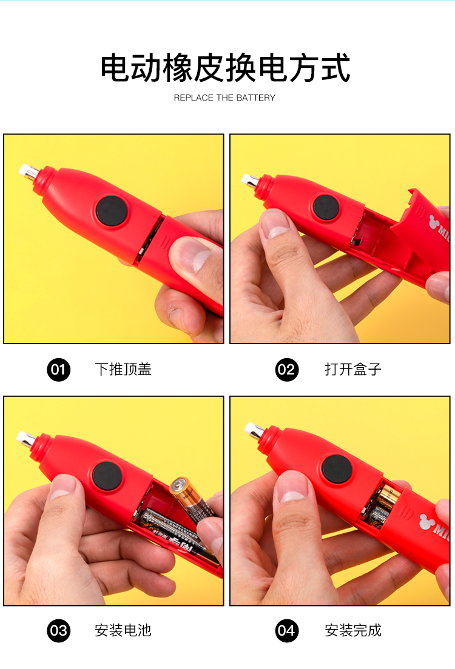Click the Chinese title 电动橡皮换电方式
click(225, 67)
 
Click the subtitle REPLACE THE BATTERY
click(224, 98)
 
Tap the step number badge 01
click(58, 370)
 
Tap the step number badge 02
click(287, 370)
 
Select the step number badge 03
click(58, 631)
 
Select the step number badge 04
click(287, 631)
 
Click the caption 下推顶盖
click(123, 369)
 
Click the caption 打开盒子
click(353, 369)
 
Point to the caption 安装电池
click(123, 630)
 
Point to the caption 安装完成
click(353, 630)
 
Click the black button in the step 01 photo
click(112, 211)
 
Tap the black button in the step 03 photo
click(107, 476)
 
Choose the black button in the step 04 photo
click(337, 469)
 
